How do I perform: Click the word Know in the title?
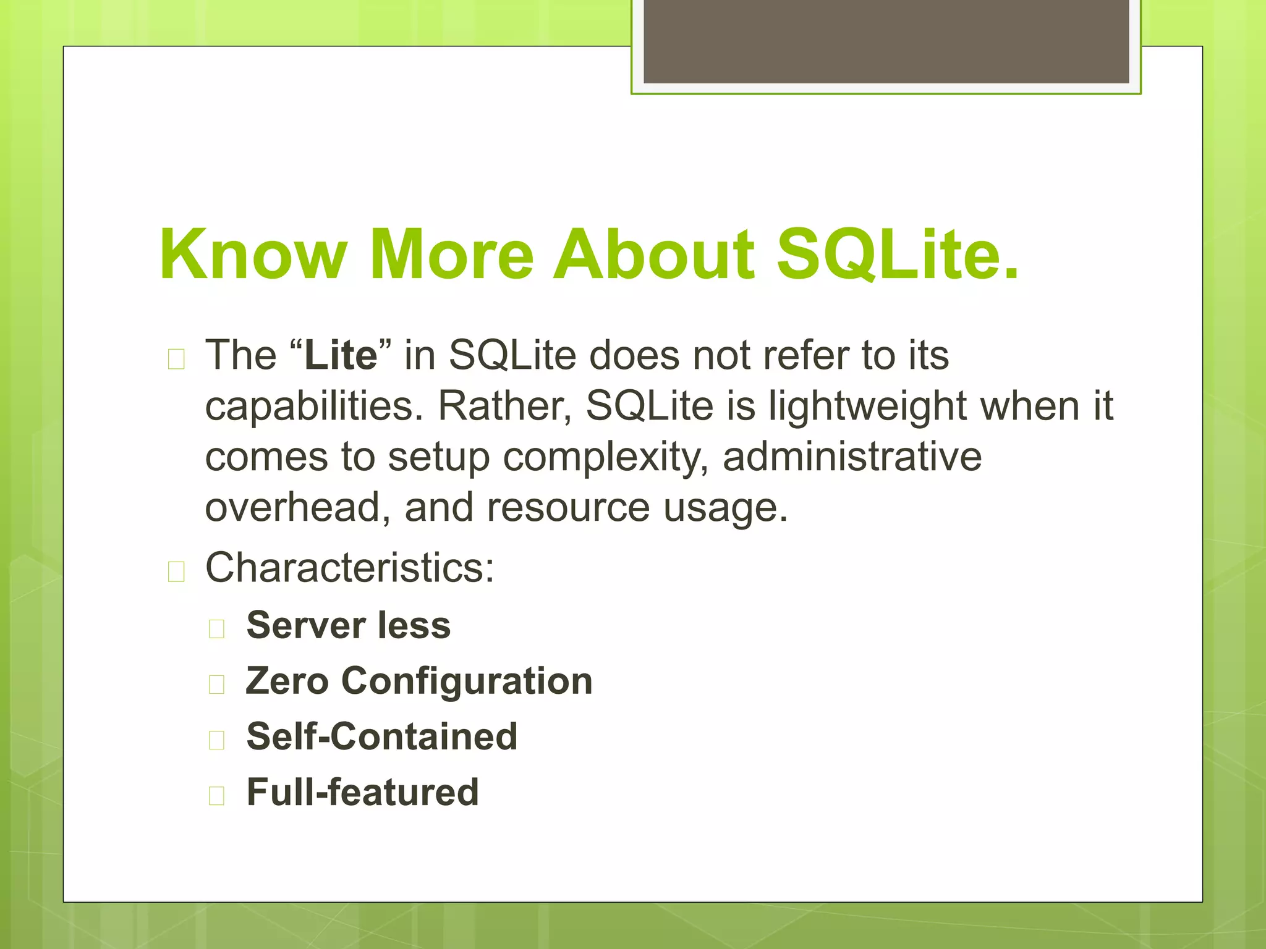pos(253,255)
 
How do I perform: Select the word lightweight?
pos(867,407)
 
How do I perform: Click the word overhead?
pos(298,507)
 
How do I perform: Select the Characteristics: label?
pos(350,567)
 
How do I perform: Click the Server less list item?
pos(349,625)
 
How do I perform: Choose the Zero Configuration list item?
pos(419,681)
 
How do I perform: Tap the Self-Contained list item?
pos(381,736)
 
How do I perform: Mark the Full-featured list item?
pos(362,792)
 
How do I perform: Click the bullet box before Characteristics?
pos(176,572)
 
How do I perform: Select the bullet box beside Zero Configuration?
pos(216,685)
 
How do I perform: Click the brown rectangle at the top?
pos(886,41)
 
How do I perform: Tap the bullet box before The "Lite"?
pos(176,359)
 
